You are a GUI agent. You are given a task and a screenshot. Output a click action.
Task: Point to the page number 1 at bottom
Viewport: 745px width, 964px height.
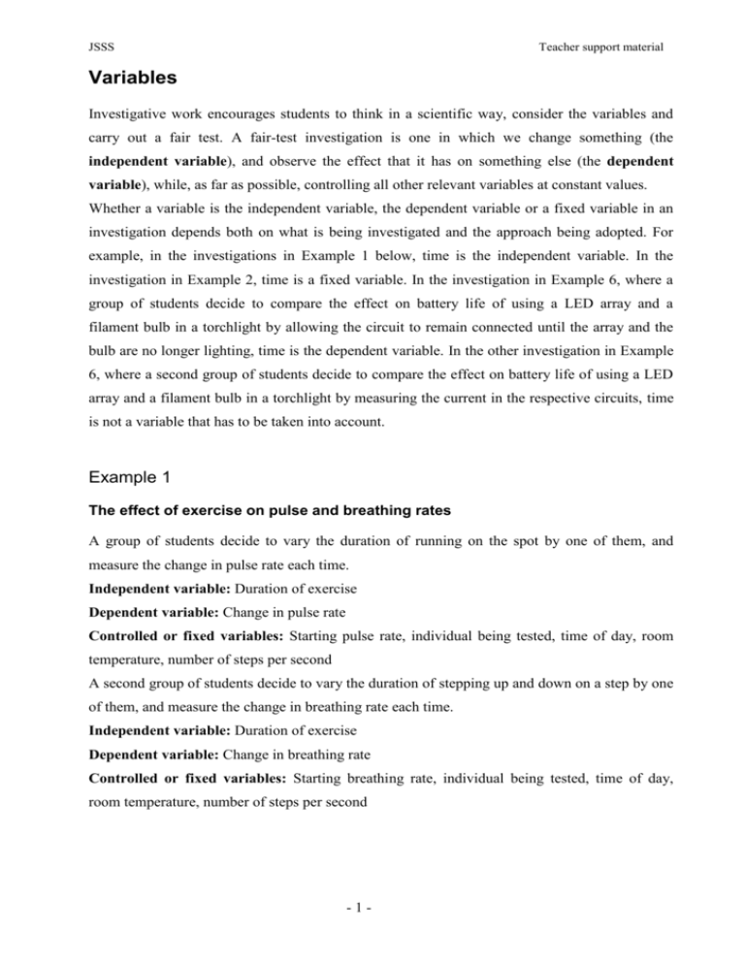coord(373,927)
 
